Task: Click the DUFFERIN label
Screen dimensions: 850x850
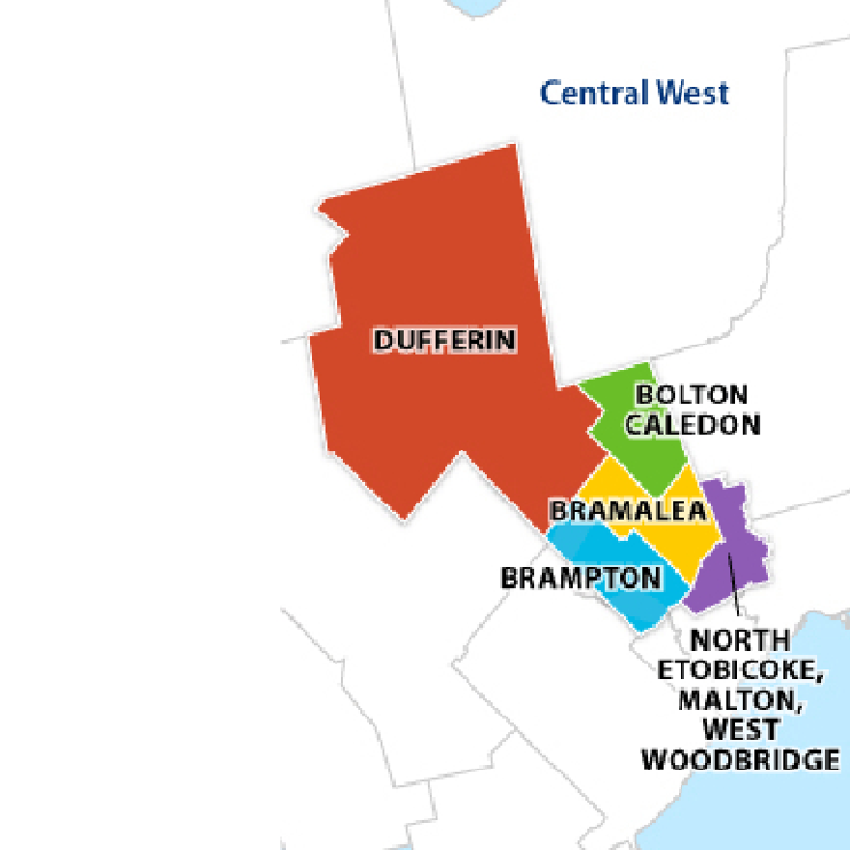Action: [x=445, y=340]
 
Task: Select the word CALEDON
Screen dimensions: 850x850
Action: [x=693, y=424]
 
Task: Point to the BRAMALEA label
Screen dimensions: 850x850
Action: [x=628, y=511]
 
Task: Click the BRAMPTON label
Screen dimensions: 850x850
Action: [x=581, y=578]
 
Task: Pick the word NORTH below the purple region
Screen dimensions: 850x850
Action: [x=740, y=640]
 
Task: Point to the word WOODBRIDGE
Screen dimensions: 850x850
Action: [x=741, y=759]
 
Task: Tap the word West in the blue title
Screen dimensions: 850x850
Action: [x=692, y=94]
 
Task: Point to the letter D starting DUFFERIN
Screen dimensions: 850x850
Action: [x=382, y=340]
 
